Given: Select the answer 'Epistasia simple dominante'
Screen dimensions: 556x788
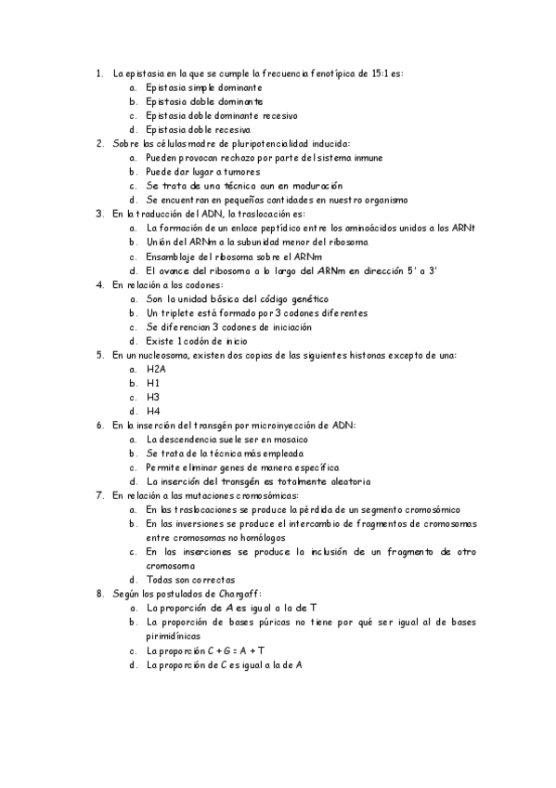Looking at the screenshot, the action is pos(197,87).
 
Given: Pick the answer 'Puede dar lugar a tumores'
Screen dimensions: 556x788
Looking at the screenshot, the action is pos(203,172).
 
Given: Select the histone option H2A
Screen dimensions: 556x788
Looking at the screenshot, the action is pos(156,369).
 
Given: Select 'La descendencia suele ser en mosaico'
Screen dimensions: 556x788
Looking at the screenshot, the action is pos(227,440).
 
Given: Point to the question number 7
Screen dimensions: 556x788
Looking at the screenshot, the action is pos(99,495).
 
